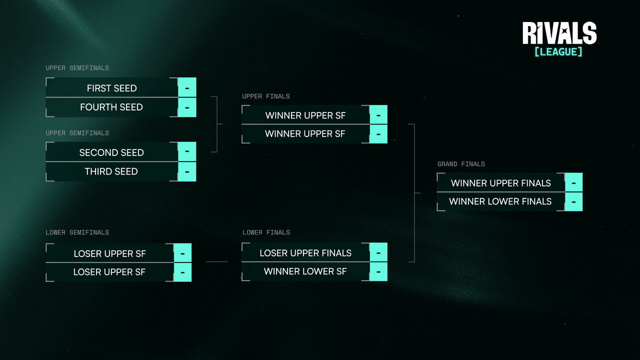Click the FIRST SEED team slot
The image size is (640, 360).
point(111,88)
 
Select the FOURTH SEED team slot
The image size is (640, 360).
point(111,107)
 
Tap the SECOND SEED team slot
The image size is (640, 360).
point(111,152)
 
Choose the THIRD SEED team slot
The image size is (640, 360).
point(111,171)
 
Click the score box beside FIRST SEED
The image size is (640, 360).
point(187,87)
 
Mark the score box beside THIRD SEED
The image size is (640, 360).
point(187,171)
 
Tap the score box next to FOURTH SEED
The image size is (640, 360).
point(187,107)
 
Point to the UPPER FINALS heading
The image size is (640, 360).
point(266,96)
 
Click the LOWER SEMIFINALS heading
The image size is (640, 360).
point(77,232)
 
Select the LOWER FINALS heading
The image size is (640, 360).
point(266,232)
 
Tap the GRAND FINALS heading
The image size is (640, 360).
point(461,164)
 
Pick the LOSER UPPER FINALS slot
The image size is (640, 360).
point(305,253)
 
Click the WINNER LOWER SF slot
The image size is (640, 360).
point(305,271)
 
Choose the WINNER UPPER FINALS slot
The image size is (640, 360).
point(500,183)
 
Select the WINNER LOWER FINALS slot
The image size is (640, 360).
point(500,201)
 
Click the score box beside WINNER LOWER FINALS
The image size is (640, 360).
point(573,201)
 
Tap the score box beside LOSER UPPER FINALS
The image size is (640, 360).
point(378,252)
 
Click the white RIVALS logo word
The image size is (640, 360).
point(559,33)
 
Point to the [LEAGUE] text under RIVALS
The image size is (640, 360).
point(558,51)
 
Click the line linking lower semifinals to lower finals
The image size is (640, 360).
point(216,261)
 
